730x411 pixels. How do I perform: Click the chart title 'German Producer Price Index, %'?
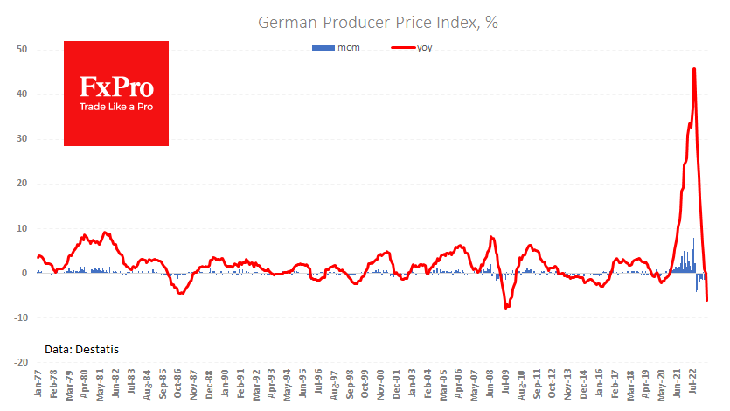[x=378, y=23]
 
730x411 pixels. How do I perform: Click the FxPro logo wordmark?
[x=116, y=87]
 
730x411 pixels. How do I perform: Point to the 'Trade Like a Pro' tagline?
[x=116, y=107]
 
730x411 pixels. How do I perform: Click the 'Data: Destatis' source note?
[x=81, y=350]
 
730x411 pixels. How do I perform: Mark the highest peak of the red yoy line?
[x=694, y=69]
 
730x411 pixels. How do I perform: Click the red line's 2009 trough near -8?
[x=506, y=308]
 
